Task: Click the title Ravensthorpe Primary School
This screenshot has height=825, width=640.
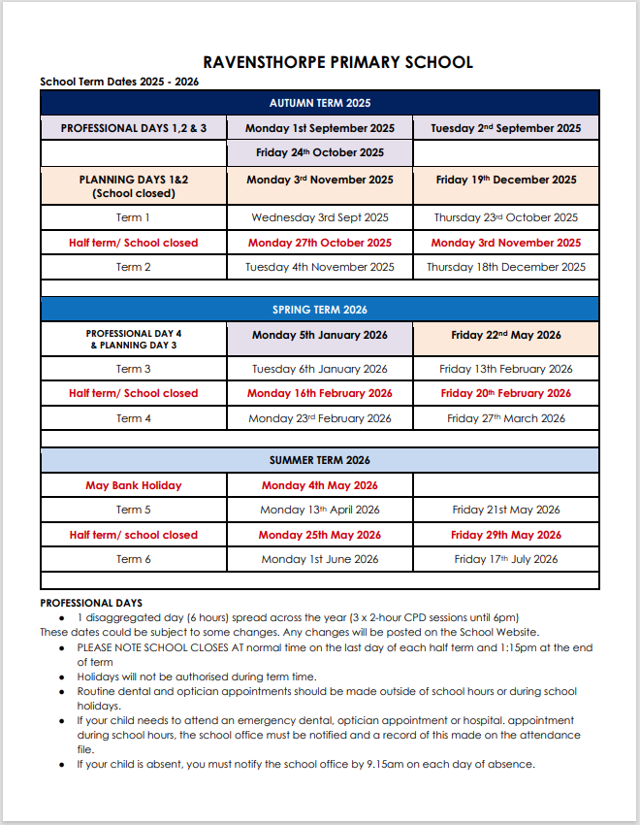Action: point(338,62)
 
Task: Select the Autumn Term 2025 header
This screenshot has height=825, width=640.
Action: point(320,103)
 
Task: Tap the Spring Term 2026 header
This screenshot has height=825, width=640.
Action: point(320,310)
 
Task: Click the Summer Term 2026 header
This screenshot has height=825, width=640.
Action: point(320,460)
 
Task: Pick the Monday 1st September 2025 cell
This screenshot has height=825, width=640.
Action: point(320,128)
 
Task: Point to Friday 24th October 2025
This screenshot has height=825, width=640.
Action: point(320,152)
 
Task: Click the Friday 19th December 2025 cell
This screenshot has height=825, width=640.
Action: point(506,180)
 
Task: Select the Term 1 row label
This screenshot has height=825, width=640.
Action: point(134,217)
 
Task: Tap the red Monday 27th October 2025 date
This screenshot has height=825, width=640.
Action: point(320,243)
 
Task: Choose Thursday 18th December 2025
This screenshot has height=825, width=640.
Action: point(506,267)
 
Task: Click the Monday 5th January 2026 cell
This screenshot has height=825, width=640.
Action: point(320,336)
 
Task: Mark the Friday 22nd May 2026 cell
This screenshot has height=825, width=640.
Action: point(506,336)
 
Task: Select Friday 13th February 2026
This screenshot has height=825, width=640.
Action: point(506,369)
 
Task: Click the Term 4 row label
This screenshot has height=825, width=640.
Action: point(134,418)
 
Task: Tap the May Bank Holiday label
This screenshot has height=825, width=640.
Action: point(134,485)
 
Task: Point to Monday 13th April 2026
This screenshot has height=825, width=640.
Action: point(320,510)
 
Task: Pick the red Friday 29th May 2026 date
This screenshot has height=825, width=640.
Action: point(506,535)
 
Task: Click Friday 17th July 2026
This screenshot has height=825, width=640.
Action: point(506,559)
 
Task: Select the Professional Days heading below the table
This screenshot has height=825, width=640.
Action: point(91,603)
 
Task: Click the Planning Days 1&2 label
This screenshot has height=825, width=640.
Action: point(134,180)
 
